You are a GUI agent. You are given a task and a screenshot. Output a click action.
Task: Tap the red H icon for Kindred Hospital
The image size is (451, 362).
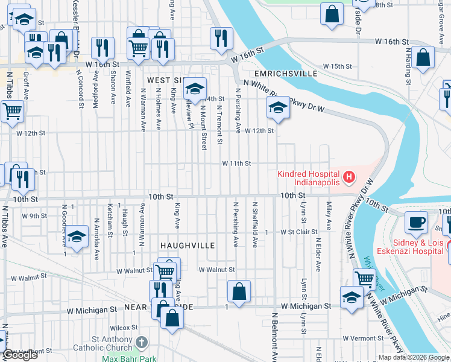[348, 177]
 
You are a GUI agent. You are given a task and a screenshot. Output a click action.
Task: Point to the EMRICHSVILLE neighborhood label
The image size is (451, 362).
[288, 74]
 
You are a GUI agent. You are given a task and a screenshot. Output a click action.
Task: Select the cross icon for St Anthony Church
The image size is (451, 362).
[141, 343]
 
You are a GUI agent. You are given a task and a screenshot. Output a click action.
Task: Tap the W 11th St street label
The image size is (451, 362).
[236, 164]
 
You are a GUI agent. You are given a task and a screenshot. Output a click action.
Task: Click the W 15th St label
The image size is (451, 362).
[337, 66]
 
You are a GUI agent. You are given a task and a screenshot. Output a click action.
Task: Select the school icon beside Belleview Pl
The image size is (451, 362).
[194, 89]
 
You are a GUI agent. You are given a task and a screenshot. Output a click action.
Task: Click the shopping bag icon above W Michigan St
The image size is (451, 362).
[239, 291]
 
